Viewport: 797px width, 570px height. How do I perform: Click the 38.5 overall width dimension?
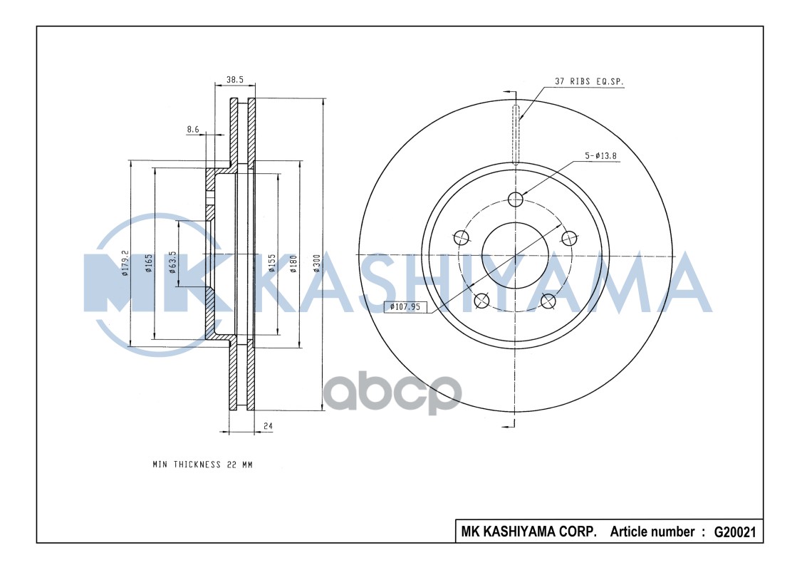[234, 81]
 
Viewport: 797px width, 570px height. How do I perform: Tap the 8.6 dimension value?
[193, 129]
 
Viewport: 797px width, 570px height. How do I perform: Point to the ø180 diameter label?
[293, 263]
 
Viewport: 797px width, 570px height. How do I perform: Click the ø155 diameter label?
[271, 263]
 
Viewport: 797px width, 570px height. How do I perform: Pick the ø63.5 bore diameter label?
[172, 261]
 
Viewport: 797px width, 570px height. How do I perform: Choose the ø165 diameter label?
[149, 263]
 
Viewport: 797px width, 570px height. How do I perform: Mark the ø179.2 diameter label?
[125, 263]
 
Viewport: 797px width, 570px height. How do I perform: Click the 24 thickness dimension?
[269, 426]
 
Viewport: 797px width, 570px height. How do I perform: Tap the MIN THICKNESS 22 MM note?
[202, 465]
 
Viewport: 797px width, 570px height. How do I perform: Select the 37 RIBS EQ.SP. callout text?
[589, 82]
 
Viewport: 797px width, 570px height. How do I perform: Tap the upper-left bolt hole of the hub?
[462, 237]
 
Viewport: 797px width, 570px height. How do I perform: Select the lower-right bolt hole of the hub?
[548, 301]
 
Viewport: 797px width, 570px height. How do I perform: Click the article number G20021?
[734, 532]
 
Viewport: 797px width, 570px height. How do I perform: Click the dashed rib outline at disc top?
[516, 132]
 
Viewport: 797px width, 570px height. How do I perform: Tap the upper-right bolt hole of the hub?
[568, 237]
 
